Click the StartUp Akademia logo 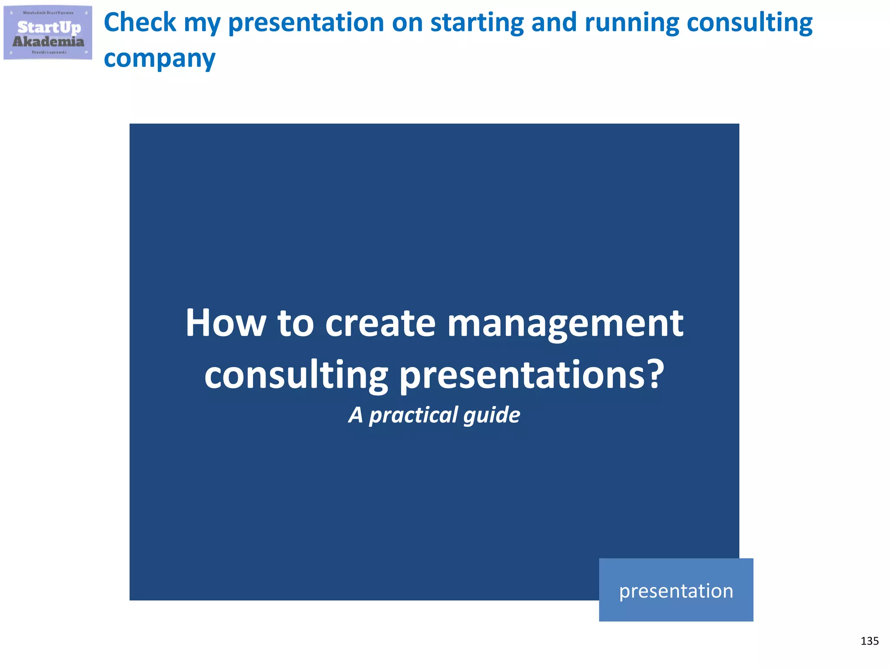point(48,33)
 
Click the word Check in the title point(140,23)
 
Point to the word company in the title point(159,59)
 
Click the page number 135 point(869,641)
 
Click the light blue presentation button point(676,590)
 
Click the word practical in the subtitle point(413,415)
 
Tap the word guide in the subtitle point(491,415)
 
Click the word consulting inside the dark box point(296,375)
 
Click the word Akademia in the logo point(48,42)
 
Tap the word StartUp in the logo point(49,27)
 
